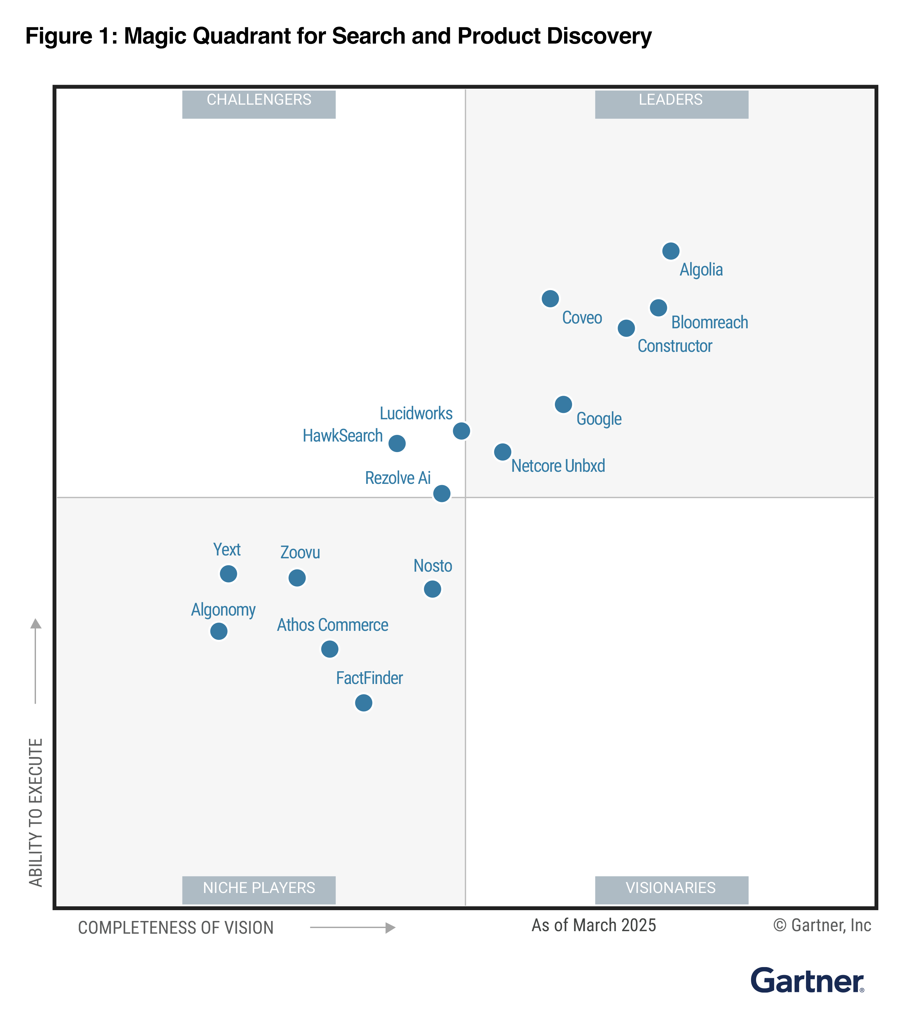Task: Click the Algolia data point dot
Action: [670, 251]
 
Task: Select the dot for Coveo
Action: [550, 298]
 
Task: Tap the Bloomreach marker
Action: [658, 308]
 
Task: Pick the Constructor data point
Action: [626, 328]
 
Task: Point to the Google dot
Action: [563, 404]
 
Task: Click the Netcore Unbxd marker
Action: [502, 452]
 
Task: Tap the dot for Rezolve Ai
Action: [442, 493]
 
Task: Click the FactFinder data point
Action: [363, 702]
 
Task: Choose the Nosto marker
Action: [432, 589]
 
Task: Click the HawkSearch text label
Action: [343, 436]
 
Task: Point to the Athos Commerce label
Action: [332, 625]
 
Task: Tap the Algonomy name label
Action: [223, 610]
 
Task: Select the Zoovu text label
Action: [300, 553]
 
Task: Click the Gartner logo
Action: [807, 981]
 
